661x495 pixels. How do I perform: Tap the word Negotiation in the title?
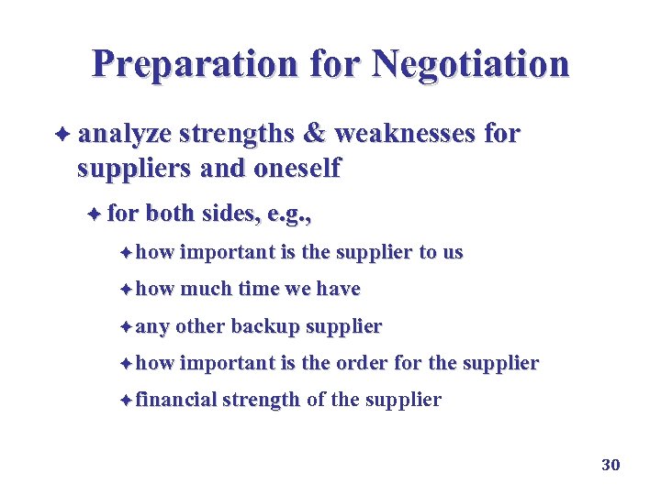pyautogui.click(x=470, y=63)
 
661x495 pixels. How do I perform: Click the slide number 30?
pyautogui.click(x=611, y=465)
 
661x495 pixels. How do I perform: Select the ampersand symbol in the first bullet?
pyautogui.click(x=314, y=135)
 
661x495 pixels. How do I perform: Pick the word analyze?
pyautogui.click(x=125, y=135)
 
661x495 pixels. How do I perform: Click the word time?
pyautogui.click(x=259, y=289)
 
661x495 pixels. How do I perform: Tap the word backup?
pyautogui.click(x=265, y=325)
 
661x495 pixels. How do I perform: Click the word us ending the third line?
pyautogui.click(x=453, y=252)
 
